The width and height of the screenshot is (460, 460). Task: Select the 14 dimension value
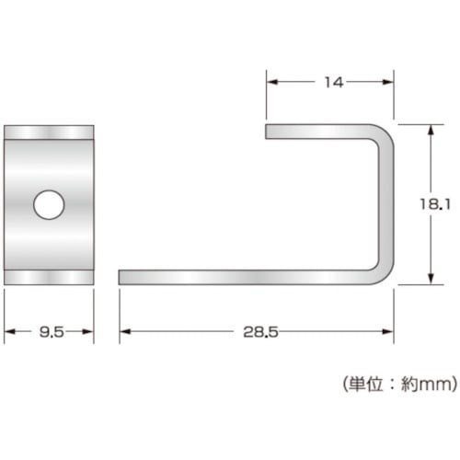[333, 83]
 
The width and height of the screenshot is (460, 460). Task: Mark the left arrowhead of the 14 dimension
[272, 83]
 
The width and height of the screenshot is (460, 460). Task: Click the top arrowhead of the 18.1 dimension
[431, 131]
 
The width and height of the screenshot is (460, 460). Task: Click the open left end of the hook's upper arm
[269, 131]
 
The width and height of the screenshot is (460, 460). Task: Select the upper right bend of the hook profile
[385, 134]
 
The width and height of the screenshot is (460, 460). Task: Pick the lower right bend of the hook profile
[385, 272]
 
